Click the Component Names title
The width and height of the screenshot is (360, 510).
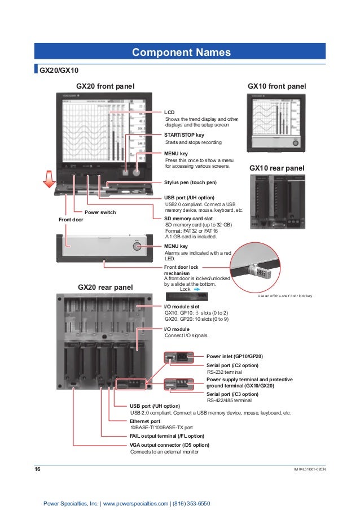(181, 53)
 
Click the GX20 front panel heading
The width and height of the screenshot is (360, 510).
(106, 86)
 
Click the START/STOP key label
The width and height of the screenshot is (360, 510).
(184, 136)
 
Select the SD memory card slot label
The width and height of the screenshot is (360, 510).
(188, 218)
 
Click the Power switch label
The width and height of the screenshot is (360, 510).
(100, 212)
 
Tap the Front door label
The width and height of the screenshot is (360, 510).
(71, 219)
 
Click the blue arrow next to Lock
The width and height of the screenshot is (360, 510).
(197, 289)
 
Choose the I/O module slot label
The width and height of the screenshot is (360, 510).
(185, 306)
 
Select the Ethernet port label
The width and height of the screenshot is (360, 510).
(145, 421)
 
